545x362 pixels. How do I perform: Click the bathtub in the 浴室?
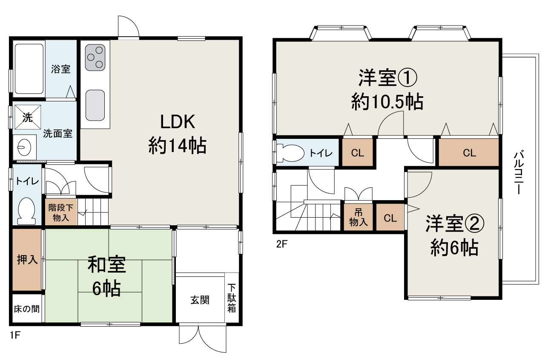click(29, 69)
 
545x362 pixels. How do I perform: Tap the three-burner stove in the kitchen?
click(95, 58)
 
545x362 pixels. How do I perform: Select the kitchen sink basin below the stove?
click(95, 106)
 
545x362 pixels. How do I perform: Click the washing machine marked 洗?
click(28, 117)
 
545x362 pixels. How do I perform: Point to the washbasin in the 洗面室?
click(22, 147)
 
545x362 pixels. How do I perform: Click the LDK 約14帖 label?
click(177, 134)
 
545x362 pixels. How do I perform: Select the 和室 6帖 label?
click(106, 276)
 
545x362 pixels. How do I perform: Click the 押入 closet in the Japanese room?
click(27, 260)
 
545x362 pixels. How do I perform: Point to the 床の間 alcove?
click(27, 309)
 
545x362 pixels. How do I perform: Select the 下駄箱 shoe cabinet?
click(232, 298)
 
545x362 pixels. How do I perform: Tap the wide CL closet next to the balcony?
click(469, 153)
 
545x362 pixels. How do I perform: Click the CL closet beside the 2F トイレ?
click(358, 153)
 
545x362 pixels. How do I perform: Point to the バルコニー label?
click(518, 172)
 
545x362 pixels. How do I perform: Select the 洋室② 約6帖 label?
click(454, 236)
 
